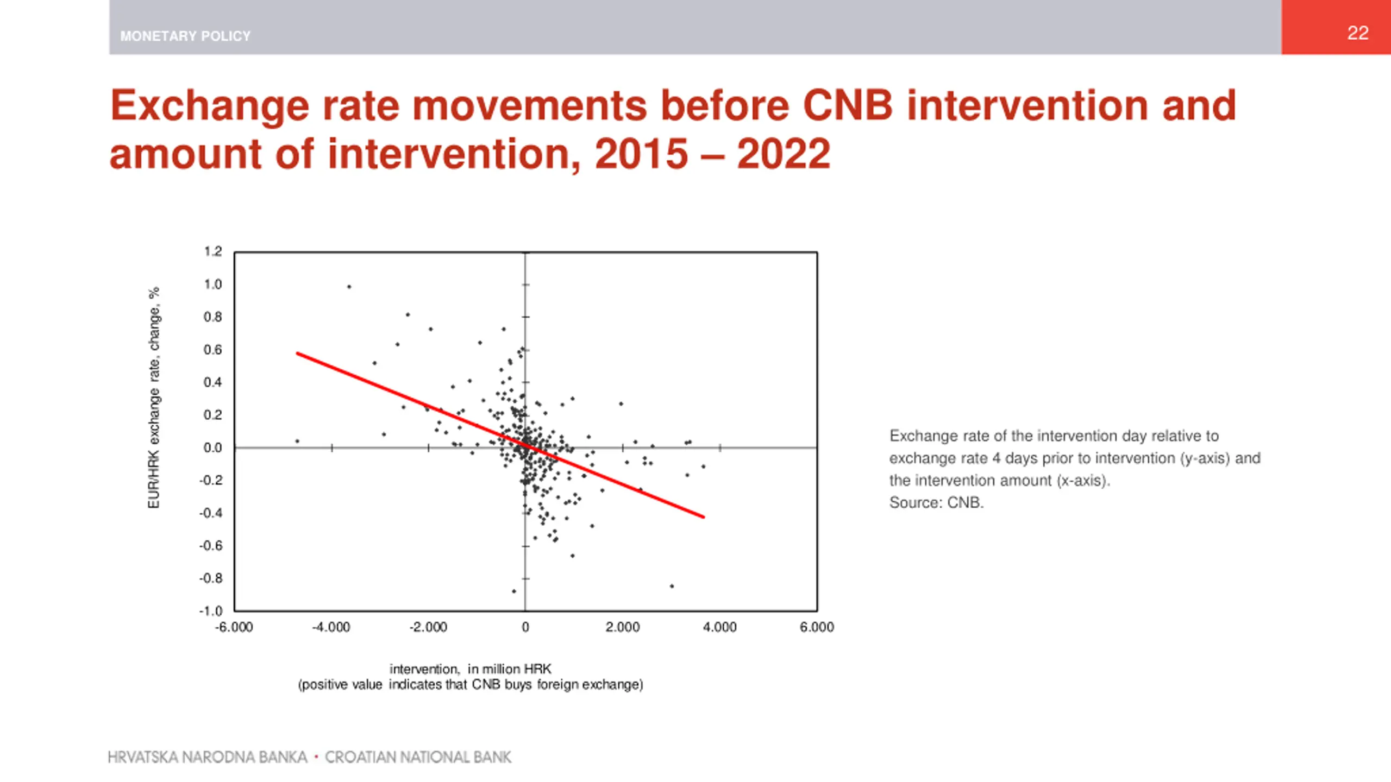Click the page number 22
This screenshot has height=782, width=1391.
tap(1357, 33)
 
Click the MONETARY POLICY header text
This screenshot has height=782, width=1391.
tap(185, 36)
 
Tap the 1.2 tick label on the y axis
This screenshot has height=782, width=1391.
tap(213, 251)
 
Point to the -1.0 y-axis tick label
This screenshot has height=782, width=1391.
tap(211, 611)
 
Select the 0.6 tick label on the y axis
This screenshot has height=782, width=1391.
tap(213, 350)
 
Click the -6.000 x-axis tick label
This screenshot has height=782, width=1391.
tap(234, 627)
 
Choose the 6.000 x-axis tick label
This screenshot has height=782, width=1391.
tap(817, 627)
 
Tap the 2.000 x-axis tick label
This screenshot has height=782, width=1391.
tap(623, 627)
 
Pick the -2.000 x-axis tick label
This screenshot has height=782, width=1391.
tap(428, 627)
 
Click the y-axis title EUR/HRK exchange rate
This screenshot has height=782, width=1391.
tap(154, 398)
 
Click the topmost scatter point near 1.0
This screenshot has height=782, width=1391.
tap(349, 287)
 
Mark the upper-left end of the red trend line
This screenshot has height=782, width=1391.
tap(298, 354)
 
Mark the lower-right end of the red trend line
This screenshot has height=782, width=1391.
tap(704, 517)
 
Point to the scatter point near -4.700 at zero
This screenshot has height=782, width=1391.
tap(297, 441)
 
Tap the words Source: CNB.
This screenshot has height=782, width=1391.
tap(936, 503)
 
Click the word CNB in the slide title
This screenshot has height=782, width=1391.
tap(848, 105)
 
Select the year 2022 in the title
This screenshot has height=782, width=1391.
tap(784, 154)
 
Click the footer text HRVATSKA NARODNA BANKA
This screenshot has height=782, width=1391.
tap(208, 757)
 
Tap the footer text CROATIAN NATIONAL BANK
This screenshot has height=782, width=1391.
tap(418, 757)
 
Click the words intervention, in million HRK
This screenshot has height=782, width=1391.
tap(471, 669)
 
